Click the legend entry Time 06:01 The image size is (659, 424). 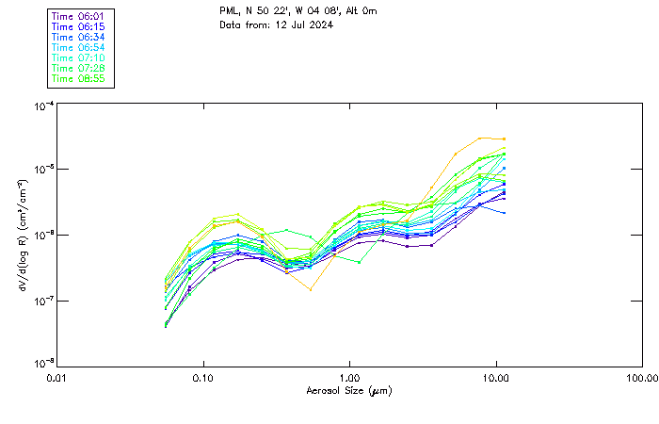pos(79,15)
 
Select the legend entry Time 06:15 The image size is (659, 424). pos(79,26)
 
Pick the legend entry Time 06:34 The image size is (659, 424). pos(79,37)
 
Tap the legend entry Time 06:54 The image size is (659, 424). pos(79,47)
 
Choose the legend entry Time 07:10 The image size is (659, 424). pos(79,57)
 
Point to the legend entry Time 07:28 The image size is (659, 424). pos(79,68)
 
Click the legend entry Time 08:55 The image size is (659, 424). pos(79,78)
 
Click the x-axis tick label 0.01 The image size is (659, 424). pos(56,377)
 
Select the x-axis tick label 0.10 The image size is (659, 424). pos(202,377)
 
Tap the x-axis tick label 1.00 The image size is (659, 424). pos(349,377)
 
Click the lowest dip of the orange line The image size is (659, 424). pos(311,289)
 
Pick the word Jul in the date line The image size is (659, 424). pos(296,24)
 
